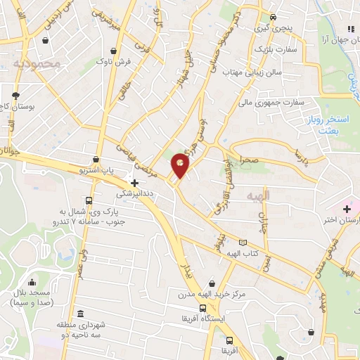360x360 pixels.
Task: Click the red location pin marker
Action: (181, 166)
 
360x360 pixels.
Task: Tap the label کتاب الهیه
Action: (243, 253)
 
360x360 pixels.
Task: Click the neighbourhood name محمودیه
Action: (38, 64)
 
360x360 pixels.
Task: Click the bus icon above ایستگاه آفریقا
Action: (202, 308)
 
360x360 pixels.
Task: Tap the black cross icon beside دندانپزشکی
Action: (134, 183)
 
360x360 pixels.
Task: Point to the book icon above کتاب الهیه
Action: (243, 243)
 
